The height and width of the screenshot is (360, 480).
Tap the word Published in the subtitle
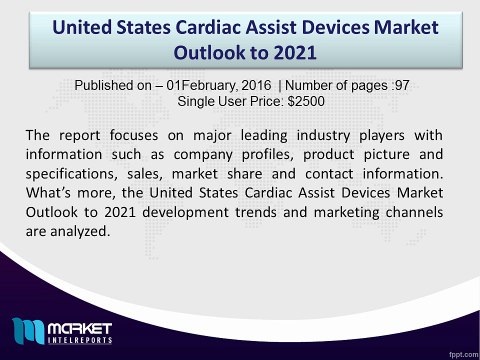pyautogui.click(x=110, y=85)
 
